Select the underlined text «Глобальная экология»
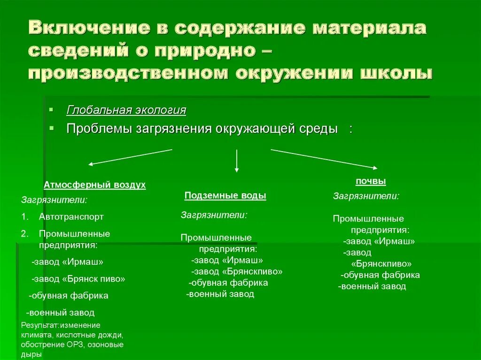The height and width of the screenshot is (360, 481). pyautogui.click(x=126, y=110)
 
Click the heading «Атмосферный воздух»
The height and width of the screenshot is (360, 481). pyautogui.click(x=94, y=185)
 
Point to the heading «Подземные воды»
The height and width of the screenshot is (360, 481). pyautogui.click(x=225, y=196)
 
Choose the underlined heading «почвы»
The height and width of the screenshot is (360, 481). pyautogui.click(x=371, y=181)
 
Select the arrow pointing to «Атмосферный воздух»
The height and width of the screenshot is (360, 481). pyautogui.click(x=130, y=157)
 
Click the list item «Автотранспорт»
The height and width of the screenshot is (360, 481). pyautogui.click(x=71, y=217)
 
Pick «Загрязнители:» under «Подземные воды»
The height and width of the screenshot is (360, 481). pyautogui.click(x=214, y=215)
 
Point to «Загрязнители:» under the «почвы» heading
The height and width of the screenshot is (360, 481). pyautogui.click(x=366, y=196)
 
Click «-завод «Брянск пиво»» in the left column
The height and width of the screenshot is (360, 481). pyautogui.click(x=78, y=279)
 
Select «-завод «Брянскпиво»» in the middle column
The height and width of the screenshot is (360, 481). pyautogui.click(x=237, y=271)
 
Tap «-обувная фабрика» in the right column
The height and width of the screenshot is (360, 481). pyautogui.click(x=380, y=275)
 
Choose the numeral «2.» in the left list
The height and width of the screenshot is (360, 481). pyautogui.click(x=25, y=233)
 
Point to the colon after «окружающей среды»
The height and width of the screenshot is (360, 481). pyautogui.click(x=350, y=129)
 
